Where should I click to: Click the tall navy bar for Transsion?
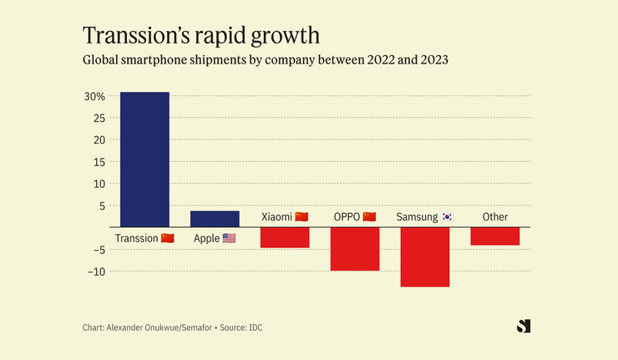click(144, 159)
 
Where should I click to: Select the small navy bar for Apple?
click(215, 219)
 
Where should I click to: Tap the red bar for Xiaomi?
click(285, 237)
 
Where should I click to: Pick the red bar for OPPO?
click(355, 249)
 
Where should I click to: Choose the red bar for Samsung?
click(425, 256)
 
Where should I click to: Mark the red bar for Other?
click(495, 236)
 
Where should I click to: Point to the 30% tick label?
click(94, 96)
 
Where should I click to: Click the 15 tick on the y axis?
click(99, 161)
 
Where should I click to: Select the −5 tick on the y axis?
click(97, 249)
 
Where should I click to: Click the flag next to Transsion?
click(167, 239)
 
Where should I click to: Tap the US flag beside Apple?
click(229, 239)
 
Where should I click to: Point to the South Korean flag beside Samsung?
click(447, 217)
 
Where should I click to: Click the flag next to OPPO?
click(369, 217)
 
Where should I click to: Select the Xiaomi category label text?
click(276, 217)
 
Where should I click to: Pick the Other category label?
click(495, 217)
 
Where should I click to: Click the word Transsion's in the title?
click(129, 36)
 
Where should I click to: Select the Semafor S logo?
click(524, 326)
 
